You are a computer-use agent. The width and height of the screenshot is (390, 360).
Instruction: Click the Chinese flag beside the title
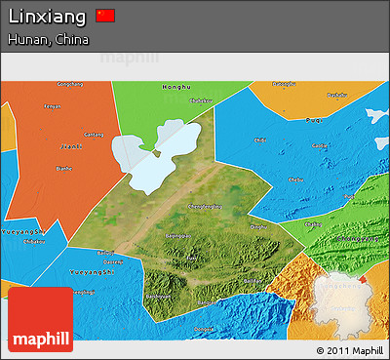[106, 16]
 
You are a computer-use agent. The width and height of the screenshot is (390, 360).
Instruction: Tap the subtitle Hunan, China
[48, 40]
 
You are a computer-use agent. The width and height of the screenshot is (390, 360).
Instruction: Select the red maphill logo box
[40, 320]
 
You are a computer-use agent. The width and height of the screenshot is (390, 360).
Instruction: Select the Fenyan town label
[53, 105]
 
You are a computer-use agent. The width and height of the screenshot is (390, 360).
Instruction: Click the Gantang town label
[94, 134]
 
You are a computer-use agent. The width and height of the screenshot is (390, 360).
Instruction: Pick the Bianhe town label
[64, 167]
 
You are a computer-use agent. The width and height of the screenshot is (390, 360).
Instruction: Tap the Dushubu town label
[201, 100]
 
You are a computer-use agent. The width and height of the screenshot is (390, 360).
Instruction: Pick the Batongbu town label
[284, 84]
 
